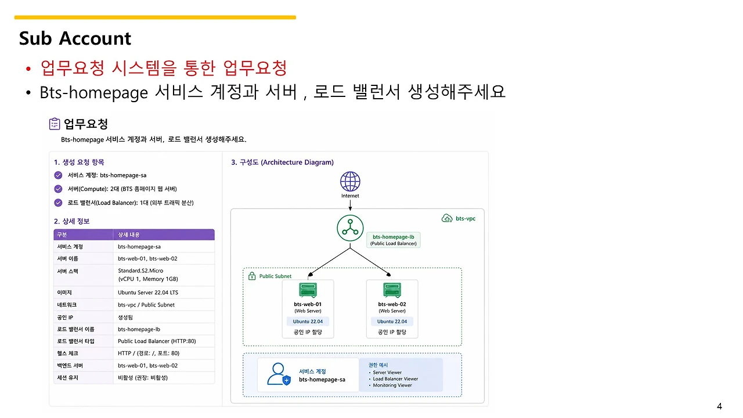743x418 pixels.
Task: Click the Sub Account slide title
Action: coord(75,38)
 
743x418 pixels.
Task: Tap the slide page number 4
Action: coord(719,406)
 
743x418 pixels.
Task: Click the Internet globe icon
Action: coord(350,182)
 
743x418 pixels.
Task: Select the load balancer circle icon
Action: coord(350,228)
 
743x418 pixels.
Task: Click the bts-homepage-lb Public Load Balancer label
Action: coord(393,240)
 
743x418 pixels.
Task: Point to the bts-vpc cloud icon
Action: coord(447,218)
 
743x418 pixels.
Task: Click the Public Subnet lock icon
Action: coord(252,276)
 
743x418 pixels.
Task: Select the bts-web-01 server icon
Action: coord(308,290)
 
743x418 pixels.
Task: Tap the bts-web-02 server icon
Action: coord(392,290)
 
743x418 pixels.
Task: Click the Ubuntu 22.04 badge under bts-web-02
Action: coord(392,321)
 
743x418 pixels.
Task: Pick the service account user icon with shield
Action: coord(279,374)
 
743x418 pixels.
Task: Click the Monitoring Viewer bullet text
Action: coord(392,385)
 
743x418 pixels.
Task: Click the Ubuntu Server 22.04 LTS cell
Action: coord(148,292)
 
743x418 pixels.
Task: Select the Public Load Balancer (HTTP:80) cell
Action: coord(157,341)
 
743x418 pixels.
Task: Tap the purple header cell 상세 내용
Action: coord(129,235)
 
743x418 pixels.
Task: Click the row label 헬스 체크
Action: coord(67,354)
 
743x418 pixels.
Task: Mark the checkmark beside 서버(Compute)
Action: coord(58,189)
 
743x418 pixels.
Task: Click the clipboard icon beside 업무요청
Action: coord(55,124)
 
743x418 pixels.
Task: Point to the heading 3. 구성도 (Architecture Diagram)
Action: coord(282,162)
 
